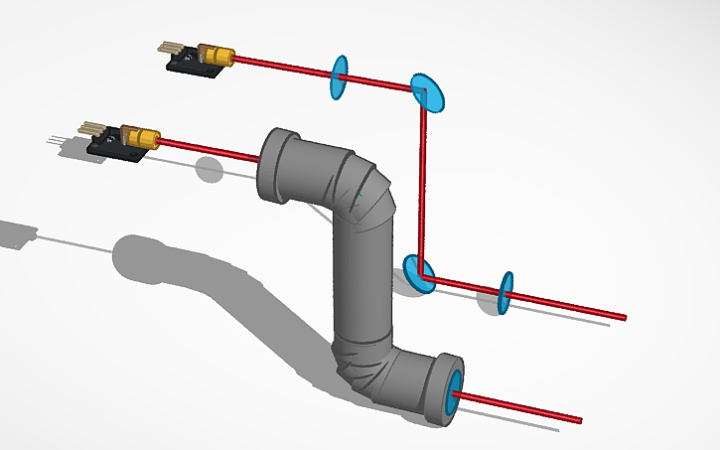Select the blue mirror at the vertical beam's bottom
coord(419,272)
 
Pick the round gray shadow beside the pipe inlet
coord(209,170)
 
